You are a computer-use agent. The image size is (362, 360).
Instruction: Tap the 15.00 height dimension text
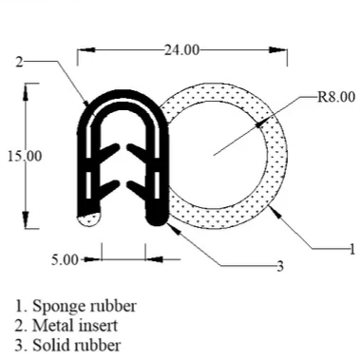coord(22,156)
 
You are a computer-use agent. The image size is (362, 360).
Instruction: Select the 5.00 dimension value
coord(66,257)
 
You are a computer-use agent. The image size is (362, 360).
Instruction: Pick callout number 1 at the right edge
coord(353,249)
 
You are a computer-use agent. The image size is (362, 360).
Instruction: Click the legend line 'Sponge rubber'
coord(75,306)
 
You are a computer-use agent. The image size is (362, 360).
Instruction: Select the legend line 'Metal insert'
coord(73,326)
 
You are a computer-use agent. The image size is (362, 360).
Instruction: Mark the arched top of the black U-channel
coord(124,95)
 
